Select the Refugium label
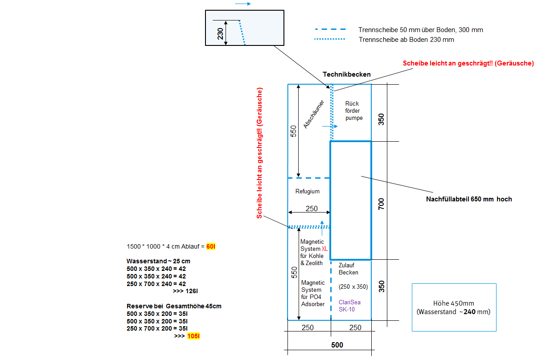pyautogui.click(x=308, y=192)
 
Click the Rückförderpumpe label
pyautogui.click(x=354, y=111)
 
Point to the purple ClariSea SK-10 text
pyautogui.click(x=349, y=305)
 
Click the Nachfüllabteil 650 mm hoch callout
pyautogui.click(x=469, y=199)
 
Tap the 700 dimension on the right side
pyautogui.click(x=381, y=204)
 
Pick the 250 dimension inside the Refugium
pyautogui.click(x=311, y=209)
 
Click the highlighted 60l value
pyautogui.click(x=211, y=246)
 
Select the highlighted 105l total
pyautogui.click(x=193, y=336)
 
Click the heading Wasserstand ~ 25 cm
pyautogui.click(x=158, y=261)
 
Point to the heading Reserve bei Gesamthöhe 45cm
pyautogui.click(x=174, y=306)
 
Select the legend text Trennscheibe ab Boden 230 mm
pyautogui.click(x=406, y=40)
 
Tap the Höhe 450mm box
pyautogui.click(x=454, y=307)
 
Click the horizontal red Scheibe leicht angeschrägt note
pyautogui.click(x=468, y=63)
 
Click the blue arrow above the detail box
pyautogui.click(x=242, y=4)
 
